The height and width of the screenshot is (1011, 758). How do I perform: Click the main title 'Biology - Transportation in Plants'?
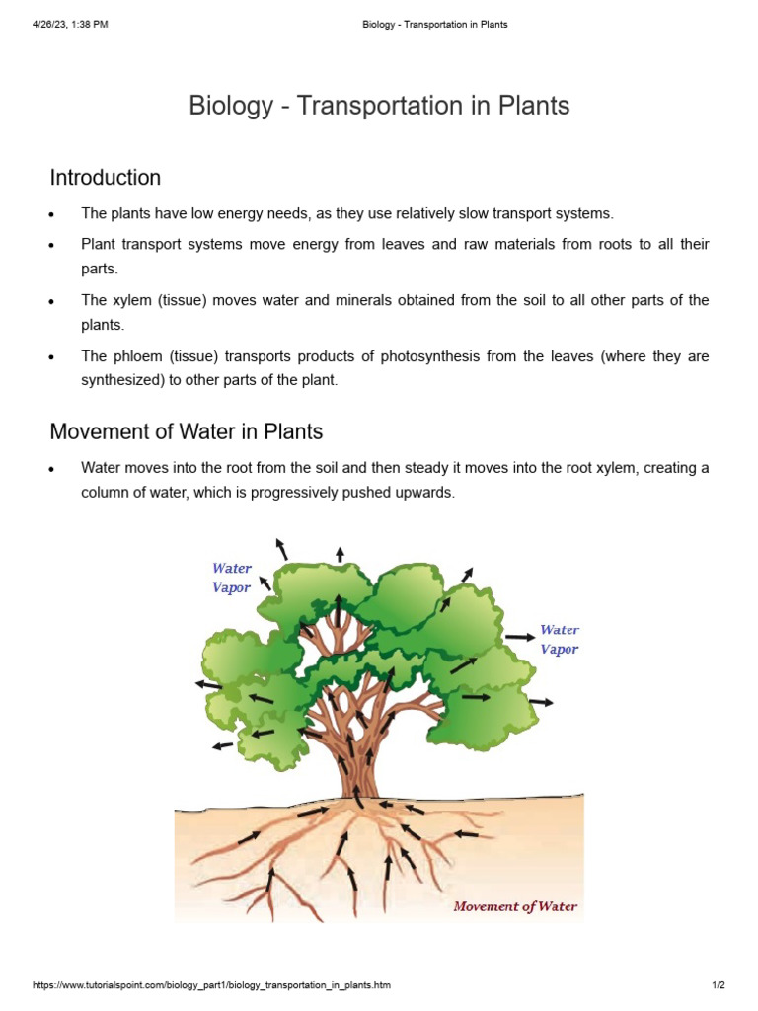(x=379, y=106)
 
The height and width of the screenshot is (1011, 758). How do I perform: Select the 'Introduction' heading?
(x=106, y=178)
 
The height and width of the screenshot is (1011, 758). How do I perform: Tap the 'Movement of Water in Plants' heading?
(x=186, y=432)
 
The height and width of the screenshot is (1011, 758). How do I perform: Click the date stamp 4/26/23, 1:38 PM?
(x=70, y=25)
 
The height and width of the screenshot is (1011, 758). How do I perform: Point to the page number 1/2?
(x=719, y=985)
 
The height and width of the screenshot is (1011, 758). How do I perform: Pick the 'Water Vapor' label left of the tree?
(x=232, y=578)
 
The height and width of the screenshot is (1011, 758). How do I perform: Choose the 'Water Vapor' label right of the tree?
(x=560, y=640)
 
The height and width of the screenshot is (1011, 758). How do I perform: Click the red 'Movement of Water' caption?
(x=515, y=906)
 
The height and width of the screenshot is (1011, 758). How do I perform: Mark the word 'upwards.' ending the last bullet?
(x=426, y=492)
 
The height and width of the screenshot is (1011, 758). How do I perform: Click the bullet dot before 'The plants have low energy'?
(x=50, y=214)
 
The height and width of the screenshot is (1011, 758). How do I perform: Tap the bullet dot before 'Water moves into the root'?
(x=50, y=469)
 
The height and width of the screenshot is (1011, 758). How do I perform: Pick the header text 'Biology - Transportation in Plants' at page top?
(x=434, y=25)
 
